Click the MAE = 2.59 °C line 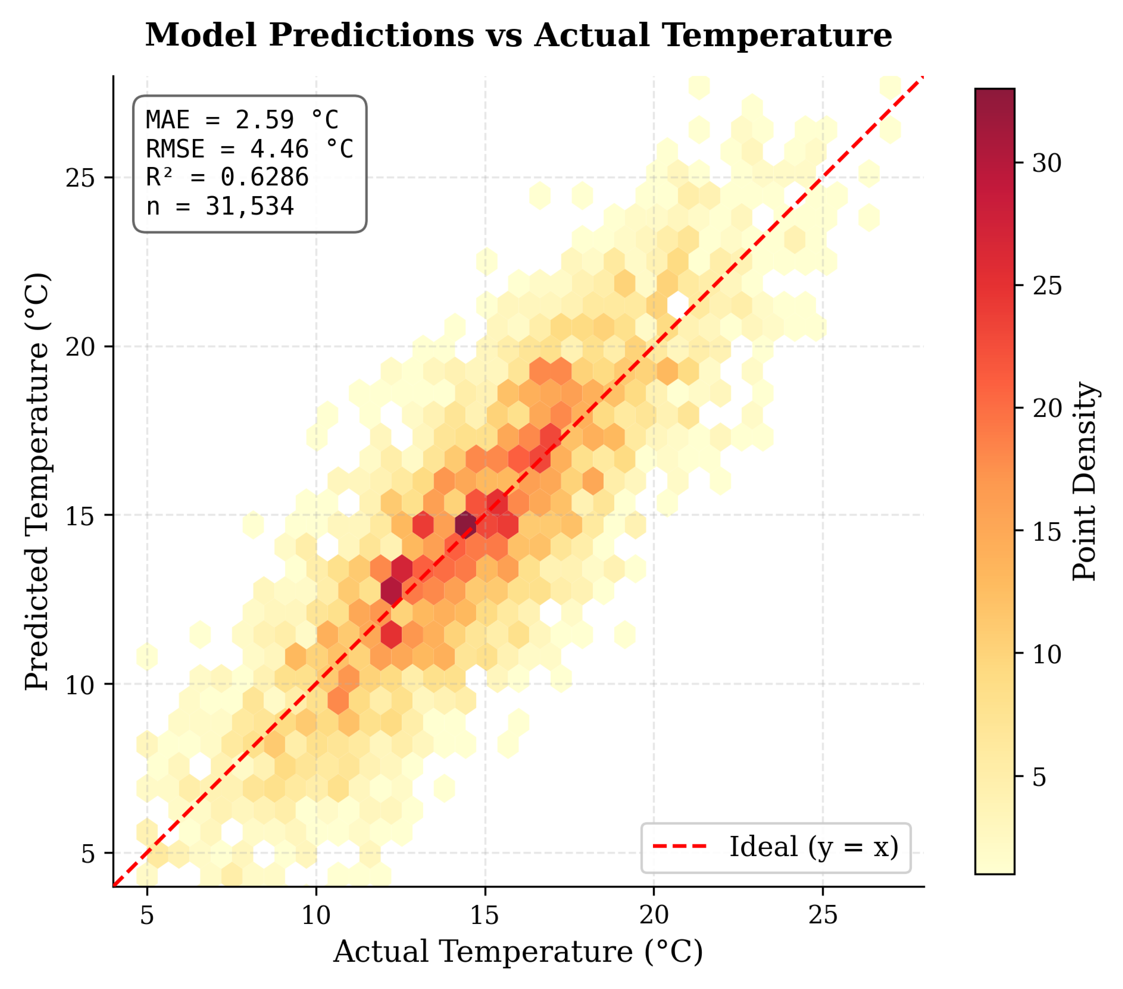[242, 120]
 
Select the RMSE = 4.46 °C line [250, 149]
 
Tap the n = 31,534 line [220, 206]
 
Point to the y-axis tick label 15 [81, 516]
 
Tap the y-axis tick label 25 [81, 178]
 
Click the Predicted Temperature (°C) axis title [38, 481]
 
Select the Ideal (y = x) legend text [814, 847]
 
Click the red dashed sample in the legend [680, 847]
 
